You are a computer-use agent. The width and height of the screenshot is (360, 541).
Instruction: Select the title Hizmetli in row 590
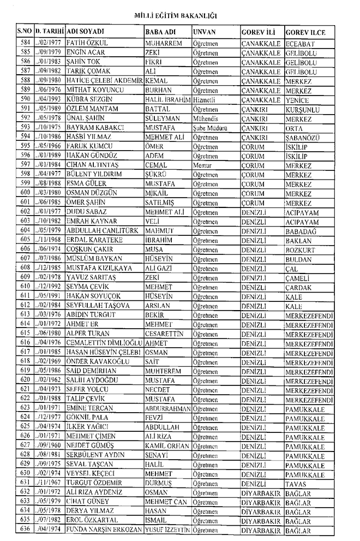click(203, 100)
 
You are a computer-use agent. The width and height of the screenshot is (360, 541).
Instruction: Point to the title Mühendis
click(206, 120)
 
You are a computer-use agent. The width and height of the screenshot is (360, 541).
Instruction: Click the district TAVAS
click(296, 484)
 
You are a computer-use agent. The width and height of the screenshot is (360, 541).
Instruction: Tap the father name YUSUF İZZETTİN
click(168, 530)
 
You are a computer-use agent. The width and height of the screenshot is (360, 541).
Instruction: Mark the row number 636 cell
click(24, 530)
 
